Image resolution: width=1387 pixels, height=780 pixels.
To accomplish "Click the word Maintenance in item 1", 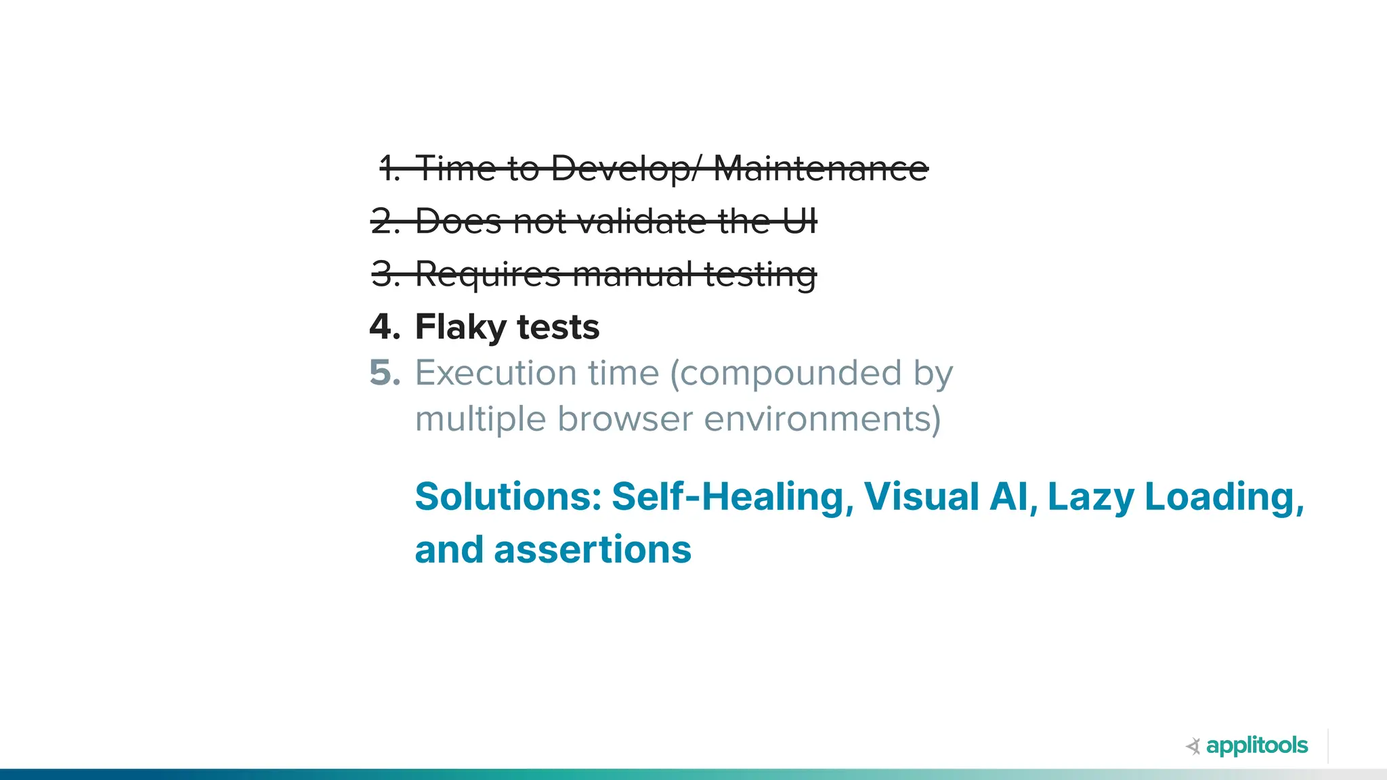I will click(821, 168).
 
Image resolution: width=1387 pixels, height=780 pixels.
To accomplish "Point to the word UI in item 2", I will click(800, 221).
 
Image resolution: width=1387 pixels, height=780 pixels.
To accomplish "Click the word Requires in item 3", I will click(488, 275).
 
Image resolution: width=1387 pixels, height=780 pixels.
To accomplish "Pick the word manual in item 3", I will click(633, 274).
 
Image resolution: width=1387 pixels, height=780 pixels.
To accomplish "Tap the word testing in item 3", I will click(760, 275).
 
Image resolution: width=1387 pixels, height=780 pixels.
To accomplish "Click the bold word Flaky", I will click(461, 328).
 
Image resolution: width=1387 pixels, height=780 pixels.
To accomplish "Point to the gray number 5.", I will click(385, 372).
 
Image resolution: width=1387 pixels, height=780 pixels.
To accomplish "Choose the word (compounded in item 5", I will click(786, 374).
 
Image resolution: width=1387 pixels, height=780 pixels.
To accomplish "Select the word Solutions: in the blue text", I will click(508, 496).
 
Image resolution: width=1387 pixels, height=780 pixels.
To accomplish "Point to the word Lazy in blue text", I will click(1090, 498).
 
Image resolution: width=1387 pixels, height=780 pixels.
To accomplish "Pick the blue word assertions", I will click(593, 549).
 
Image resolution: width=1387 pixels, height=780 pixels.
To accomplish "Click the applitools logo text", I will click(1257, 745).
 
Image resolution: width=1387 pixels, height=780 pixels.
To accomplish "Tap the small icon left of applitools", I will click(1193, 746).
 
